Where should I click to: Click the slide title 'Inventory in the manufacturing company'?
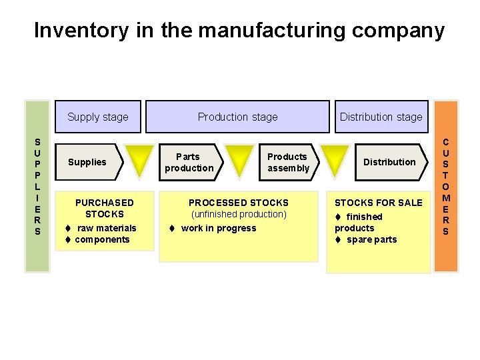point(239,31)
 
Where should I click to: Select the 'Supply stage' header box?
point(97,117)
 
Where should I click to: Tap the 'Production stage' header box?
point(237,117)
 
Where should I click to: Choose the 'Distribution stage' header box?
point(381,117)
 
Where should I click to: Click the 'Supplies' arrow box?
point(87,162)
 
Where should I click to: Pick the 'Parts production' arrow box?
point(189,162)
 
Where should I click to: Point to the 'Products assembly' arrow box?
point(288,162)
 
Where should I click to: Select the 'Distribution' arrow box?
point(389,162)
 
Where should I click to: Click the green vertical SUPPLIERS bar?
point(37,186)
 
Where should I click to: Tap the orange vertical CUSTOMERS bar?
point(445,186)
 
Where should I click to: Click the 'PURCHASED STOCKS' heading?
point(104,208)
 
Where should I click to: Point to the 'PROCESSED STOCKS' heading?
point(239,203)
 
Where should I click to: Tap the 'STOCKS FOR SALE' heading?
point(378,203)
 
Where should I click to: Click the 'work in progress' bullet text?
point(219,228)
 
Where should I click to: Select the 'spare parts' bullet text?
point(371,239)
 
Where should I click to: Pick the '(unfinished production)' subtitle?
point(239,214)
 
